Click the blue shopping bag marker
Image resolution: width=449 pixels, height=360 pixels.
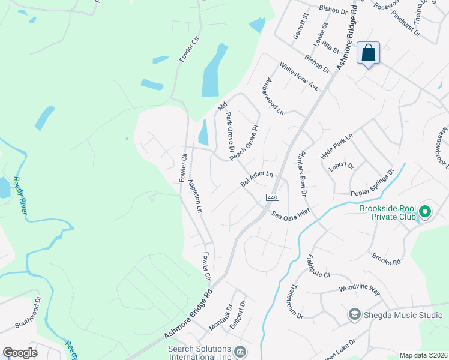click(368, 53)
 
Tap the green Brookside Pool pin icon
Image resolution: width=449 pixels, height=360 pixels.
click(425, 211)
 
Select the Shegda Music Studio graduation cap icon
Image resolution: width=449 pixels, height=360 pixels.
click(354, 314)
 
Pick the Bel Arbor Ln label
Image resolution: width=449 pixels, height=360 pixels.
click(257, 180)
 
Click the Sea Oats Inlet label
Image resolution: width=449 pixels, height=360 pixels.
click(290, 214)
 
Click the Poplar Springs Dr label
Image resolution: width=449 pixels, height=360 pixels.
click(373, 182)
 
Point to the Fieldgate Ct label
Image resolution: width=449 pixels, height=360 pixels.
click(318, 265)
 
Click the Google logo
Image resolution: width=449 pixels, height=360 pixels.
click(20, 353)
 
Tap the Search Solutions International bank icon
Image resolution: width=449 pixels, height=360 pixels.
click(240, 351)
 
